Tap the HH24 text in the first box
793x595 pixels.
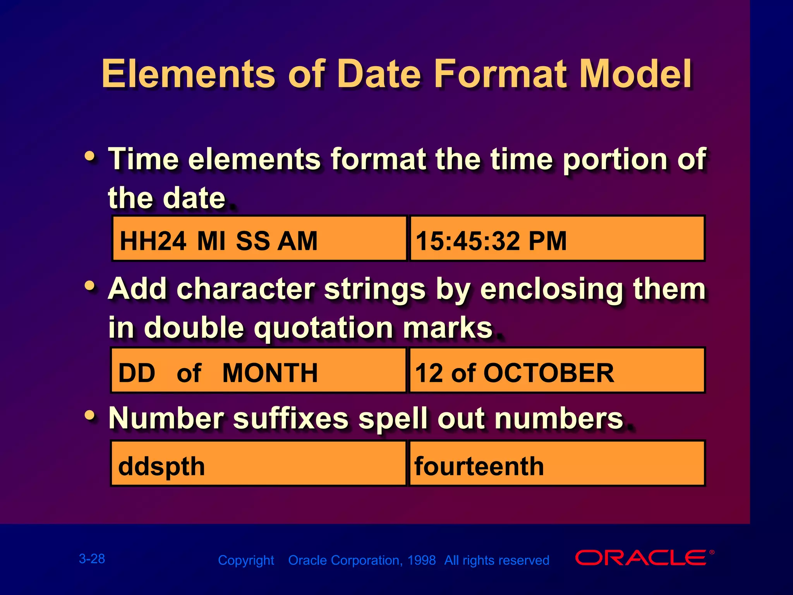click(153, 241)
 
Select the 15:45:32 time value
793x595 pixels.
click(467, 241)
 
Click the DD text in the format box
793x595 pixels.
click(137, 373)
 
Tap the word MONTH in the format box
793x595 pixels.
click(270, 373)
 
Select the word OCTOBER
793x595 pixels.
click(548, 373)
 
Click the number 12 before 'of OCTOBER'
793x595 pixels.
click(429, 373)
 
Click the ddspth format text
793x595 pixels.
click(161, 466)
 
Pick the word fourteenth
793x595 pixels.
click(479, 466)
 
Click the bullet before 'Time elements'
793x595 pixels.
click(90, 156)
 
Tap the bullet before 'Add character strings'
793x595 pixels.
click(90, 286)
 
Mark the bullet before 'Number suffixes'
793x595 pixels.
click(90, 416)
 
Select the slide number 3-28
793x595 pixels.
click(92, 559)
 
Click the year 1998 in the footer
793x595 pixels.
click(422, 560)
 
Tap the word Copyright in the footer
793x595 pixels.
click(246, 560)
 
